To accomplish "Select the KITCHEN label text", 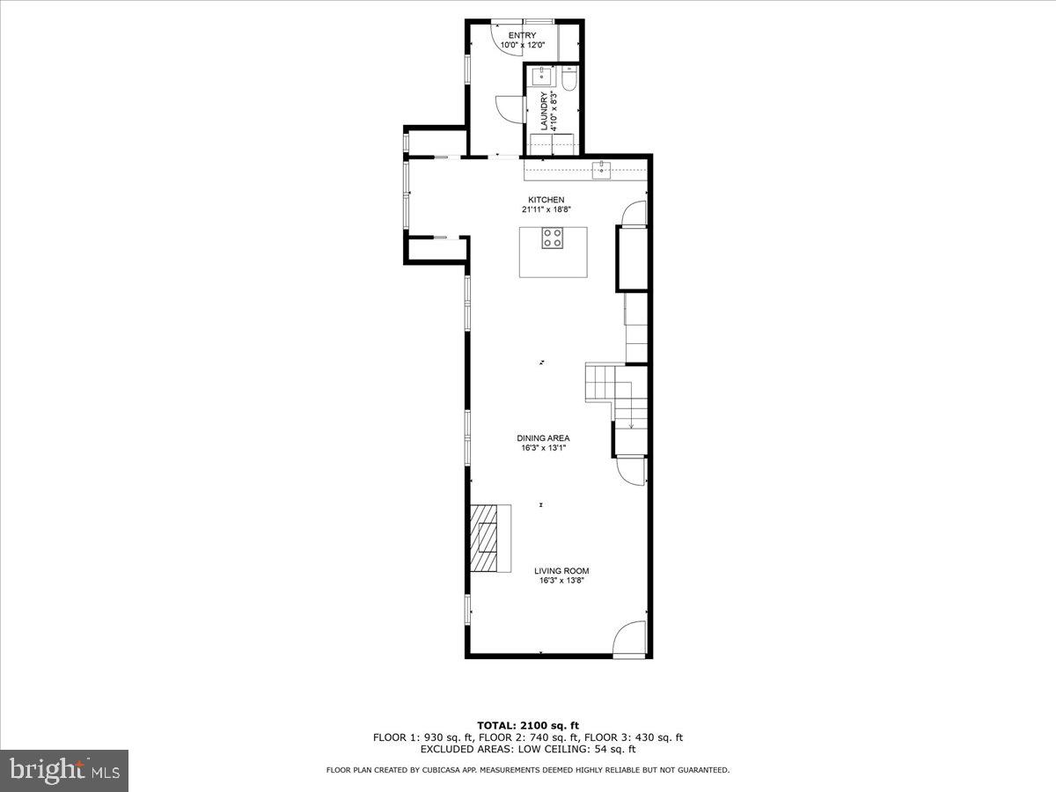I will coord(546,200).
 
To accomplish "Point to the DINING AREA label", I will coord(543,438).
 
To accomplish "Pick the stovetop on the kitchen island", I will coord(552,238).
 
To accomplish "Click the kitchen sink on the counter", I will coord(602,171).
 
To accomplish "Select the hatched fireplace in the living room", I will coord(484,538).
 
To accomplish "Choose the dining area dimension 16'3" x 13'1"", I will coord(543,448).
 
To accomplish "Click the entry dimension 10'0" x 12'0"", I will coord(524,45).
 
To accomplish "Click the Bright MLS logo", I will coord(65,770).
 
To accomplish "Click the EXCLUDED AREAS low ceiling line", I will coord(527,750).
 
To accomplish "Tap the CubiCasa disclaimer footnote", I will coord(527,770).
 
